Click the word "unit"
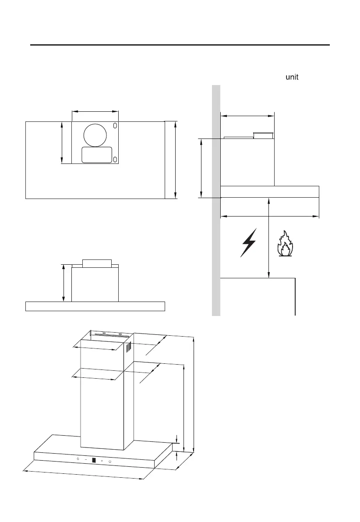tap(292, 77)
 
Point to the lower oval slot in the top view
tap(115, 159)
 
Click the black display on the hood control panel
tap(94, 461)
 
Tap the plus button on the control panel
tap(102, 461)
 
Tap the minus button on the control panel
tap(85, 460)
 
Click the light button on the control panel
tap(78, 459)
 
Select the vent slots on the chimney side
tap(129, 349)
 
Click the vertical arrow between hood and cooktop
tap(268, 237)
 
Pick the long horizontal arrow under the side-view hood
tap(269, 216)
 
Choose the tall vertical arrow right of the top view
tap(175, 160)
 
